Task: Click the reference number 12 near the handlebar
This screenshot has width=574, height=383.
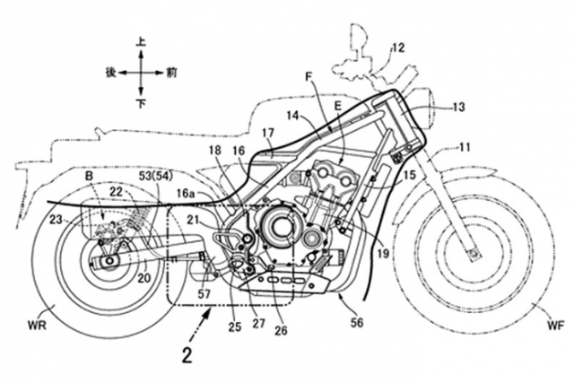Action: [398, 48]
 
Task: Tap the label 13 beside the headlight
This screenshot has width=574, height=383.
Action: [458, 107]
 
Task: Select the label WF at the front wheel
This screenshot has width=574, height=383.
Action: [556, 326]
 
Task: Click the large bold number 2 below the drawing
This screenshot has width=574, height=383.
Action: [187, 356]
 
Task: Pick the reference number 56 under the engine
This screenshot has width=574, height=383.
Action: [357, 323]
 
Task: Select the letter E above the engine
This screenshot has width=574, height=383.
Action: [337, 106]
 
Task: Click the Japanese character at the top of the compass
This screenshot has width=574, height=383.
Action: [141, 42]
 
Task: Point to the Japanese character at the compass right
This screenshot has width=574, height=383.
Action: [171, 73]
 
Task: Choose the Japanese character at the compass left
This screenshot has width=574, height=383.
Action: [110, 73]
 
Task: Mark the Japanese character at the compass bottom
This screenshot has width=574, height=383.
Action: [142, 104]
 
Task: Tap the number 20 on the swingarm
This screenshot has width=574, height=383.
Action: [144, 278]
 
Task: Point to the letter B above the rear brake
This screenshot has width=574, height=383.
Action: [90, 177]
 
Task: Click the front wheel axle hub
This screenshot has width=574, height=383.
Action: [473, 252]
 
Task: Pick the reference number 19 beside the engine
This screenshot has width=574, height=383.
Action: [383, 254]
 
